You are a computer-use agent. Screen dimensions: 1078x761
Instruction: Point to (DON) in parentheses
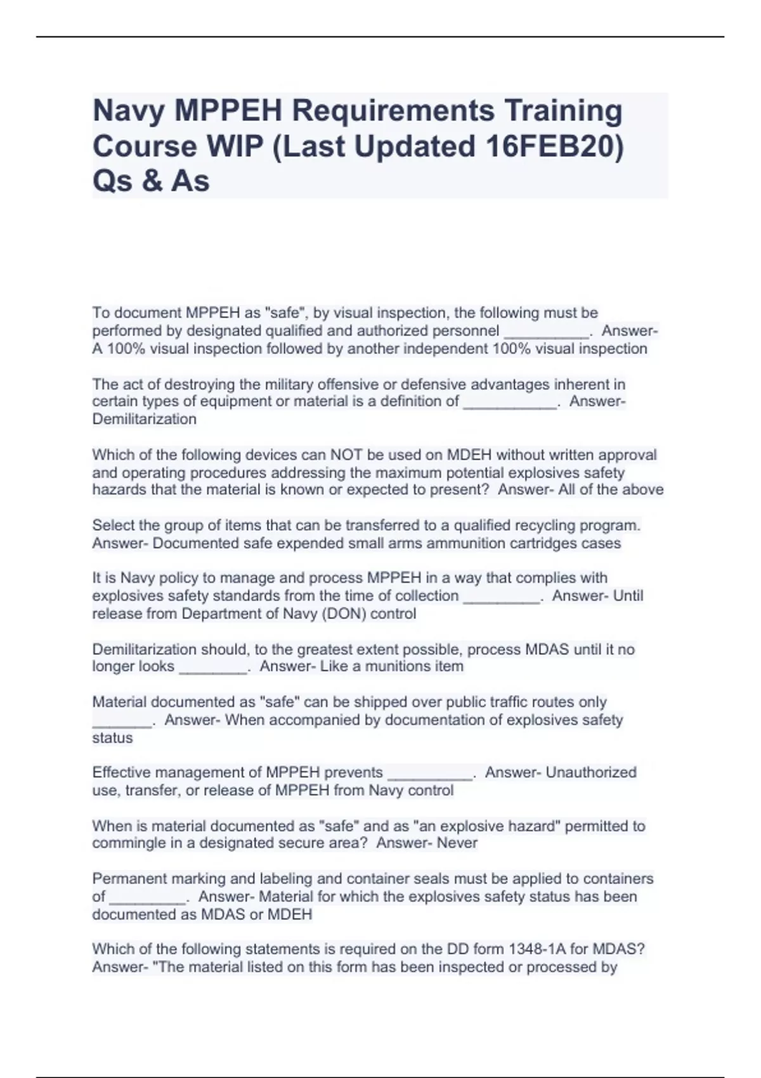tap(339, 613)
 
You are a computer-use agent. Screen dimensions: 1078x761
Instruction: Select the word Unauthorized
tap(591, 772)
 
